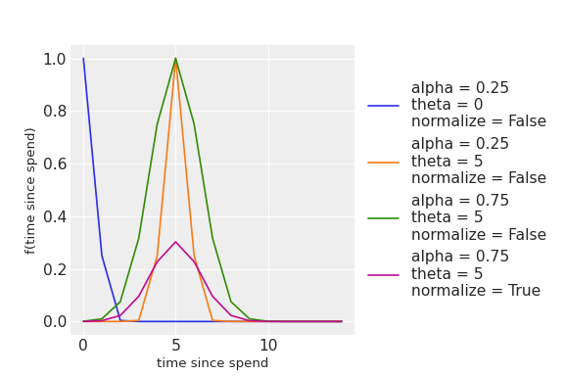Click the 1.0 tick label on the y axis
(x=55, y=60)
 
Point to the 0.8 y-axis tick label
(x=55, y=112)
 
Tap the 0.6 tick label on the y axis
(x=55, y=164)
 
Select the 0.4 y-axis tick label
(x=55, y=217)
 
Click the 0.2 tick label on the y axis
(x=55, y=269)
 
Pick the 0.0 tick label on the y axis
(x=55, y=322)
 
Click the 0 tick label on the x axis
(x=83, y=346)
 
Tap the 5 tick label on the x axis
(x=175, y=346)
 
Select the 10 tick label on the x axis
(x=268, y=346)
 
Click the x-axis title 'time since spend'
(x=212, y=362)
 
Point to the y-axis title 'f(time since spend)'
(x=30, y=191)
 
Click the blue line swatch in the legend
(x=384, y=106)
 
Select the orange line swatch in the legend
(x=384, y=163)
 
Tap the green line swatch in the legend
(x=384, y=218)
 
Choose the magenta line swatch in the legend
(x=384, y=275)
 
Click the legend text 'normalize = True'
(x=476, y=291)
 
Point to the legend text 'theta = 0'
(x=446, y=105)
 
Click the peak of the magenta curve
(x=175, y=242)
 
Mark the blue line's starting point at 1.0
(x=83, y=59)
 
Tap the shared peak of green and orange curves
(x=175, y=59)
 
